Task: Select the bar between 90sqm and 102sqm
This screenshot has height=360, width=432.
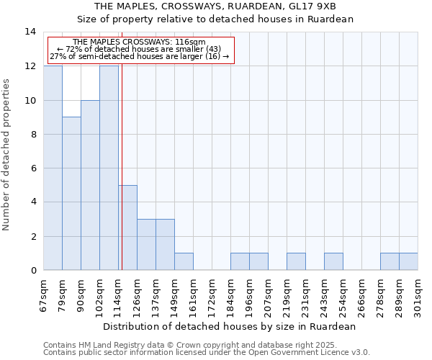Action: [x=90, y=185]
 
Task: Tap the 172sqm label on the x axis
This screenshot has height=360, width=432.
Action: [x=212, y=296]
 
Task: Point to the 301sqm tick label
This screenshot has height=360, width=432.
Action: [x=418, y=296]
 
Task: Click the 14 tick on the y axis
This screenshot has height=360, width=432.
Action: [x=30, y=32]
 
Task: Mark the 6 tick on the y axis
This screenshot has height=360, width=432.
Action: [x=33, y=168]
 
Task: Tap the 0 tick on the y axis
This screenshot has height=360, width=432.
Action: [x=33, y=271]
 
